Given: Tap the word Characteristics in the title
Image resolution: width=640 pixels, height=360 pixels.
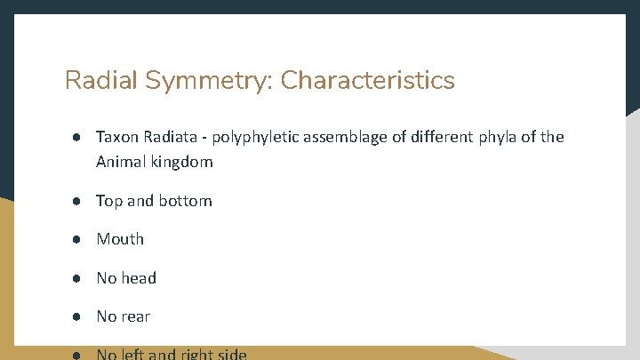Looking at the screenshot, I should pyautogui.click(x=367, y=81).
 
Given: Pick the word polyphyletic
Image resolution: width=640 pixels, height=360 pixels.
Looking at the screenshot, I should pyautogui.click(x=258, y=138).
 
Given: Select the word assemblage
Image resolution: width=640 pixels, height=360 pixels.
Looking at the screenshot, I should pyautogui.click(x=348, y=138).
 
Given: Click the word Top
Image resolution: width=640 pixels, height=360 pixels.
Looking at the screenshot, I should pyautogui.click(x=109, y=201).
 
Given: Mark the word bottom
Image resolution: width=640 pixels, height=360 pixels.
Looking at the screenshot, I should pyautogui.click(x=185, y=201).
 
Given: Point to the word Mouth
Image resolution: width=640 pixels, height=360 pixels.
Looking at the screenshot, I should pyautogui.click(x=120, y=239).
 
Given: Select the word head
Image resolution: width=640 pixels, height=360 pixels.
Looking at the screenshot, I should pyautogui.click(x=139, y=278).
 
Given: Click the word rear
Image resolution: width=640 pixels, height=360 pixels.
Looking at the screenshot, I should pyautogui.click(x=137, y=316).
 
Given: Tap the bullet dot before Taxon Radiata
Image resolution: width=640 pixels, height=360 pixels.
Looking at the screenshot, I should pyautogui.click(x=78, y=137).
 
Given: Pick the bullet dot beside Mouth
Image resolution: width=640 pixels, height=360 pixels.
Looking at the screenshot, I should pyautogui.click(x=78, y=239).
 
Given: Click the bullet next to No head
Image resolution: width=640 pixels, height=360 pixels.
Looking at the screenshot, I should pyautogui.click(x=78, y=278).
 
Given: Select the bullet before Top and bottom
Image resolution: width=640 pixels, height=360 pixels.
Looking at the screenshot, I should pyautogui.click(x=78, y=201).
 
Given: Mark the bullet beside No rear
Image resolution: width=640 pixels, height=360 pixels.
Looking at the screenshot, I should pyautogui.click(x=78, y=316).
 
